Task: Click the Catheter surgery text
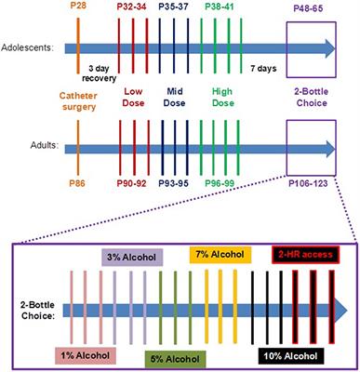coord(77,100)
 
